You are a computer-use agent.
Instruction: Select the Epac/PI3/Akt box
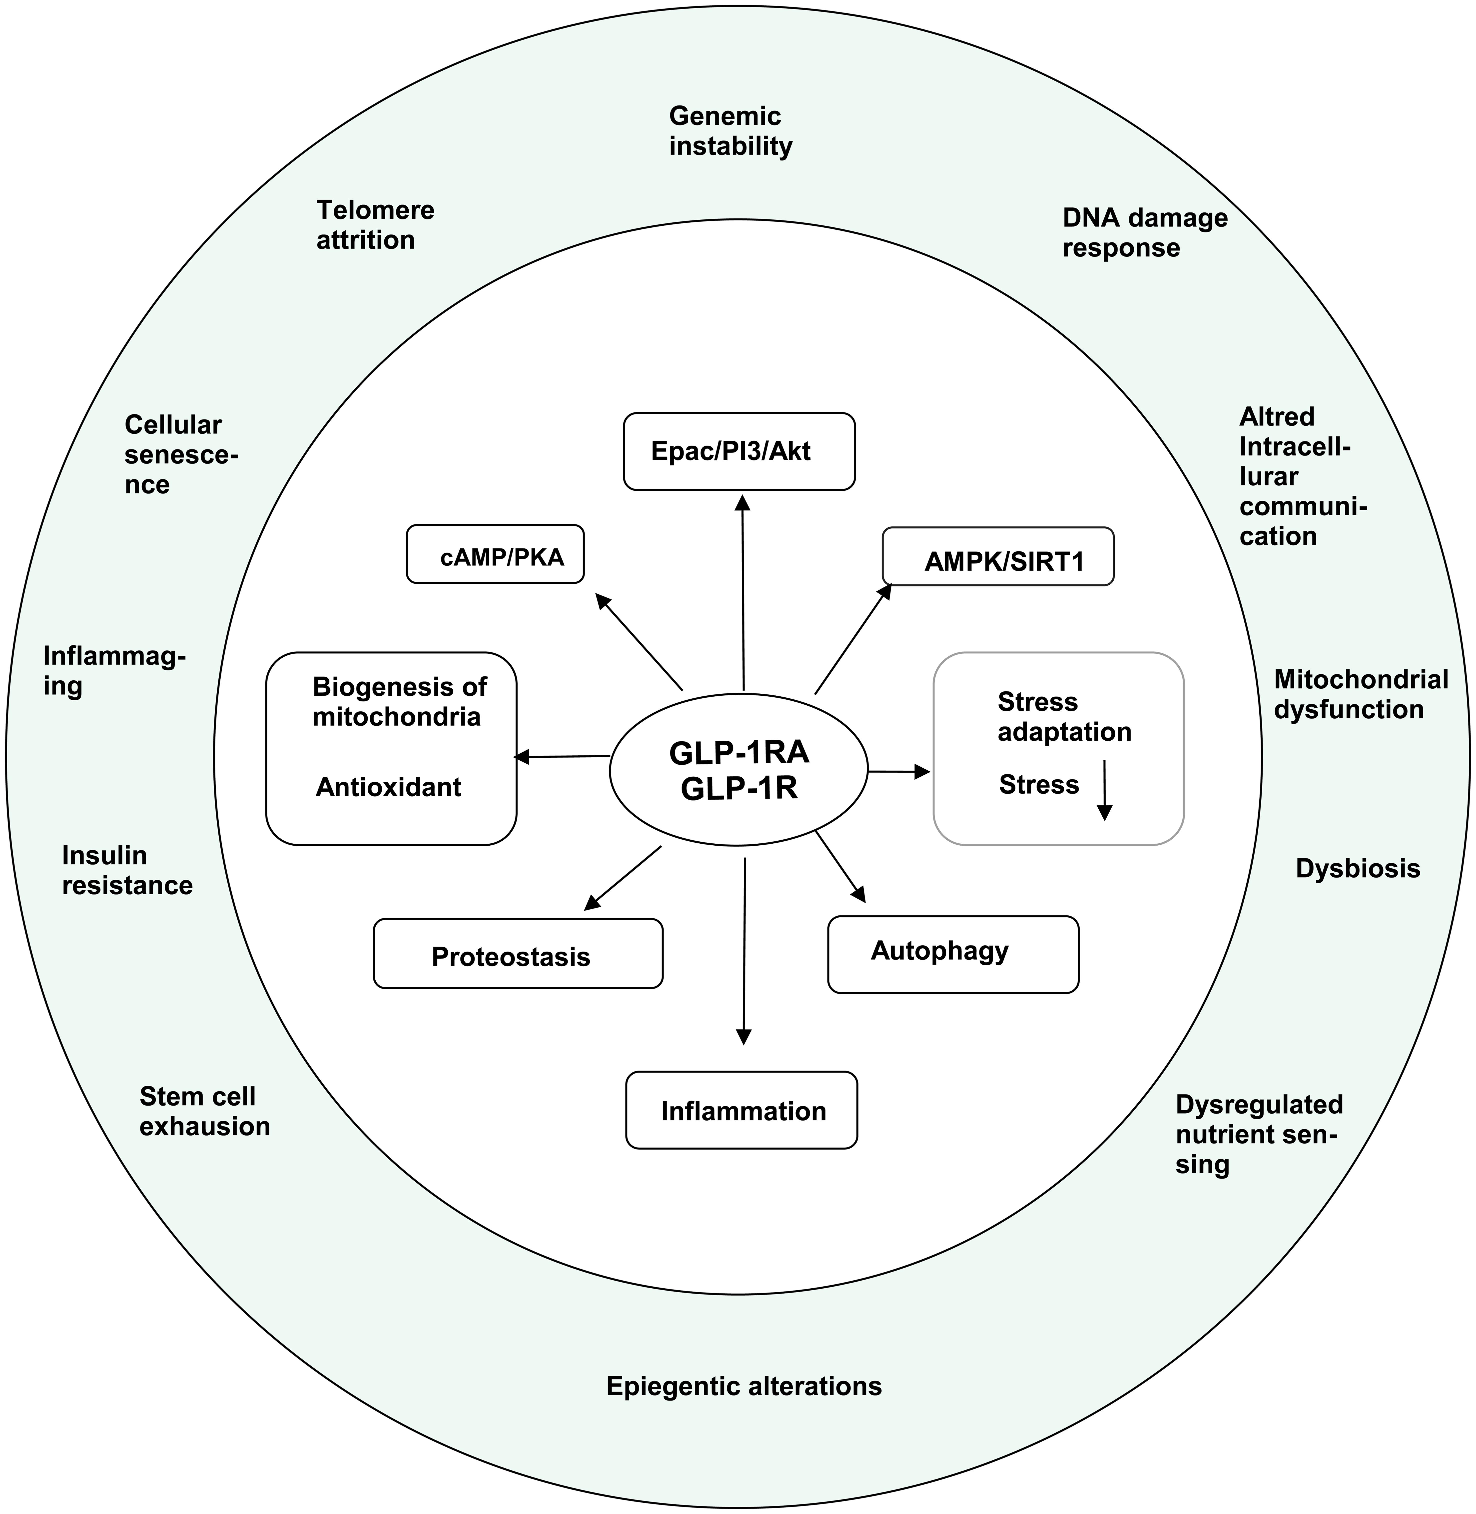click(x=739, y=451)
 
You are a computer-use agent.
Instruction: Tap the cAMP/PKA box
click(x=495, y=554)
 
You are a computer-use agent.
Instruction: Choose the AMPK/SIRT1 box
click(x=998, y=557)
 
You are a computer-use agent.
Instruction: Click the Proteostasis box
click(x=518, y=954)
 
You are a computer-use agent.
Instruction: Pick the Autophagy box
click(x=953, y=954)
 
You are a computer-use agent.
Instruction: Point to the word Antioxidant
click(x=388, y=788)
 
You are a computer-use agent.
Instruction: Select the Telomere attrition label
click(x=375, y=225)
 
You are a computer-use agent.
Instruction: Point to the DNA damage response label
click(x=1144, y=232)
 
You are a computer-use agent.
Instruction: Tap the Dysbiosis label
click(x=1357, y=868)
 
